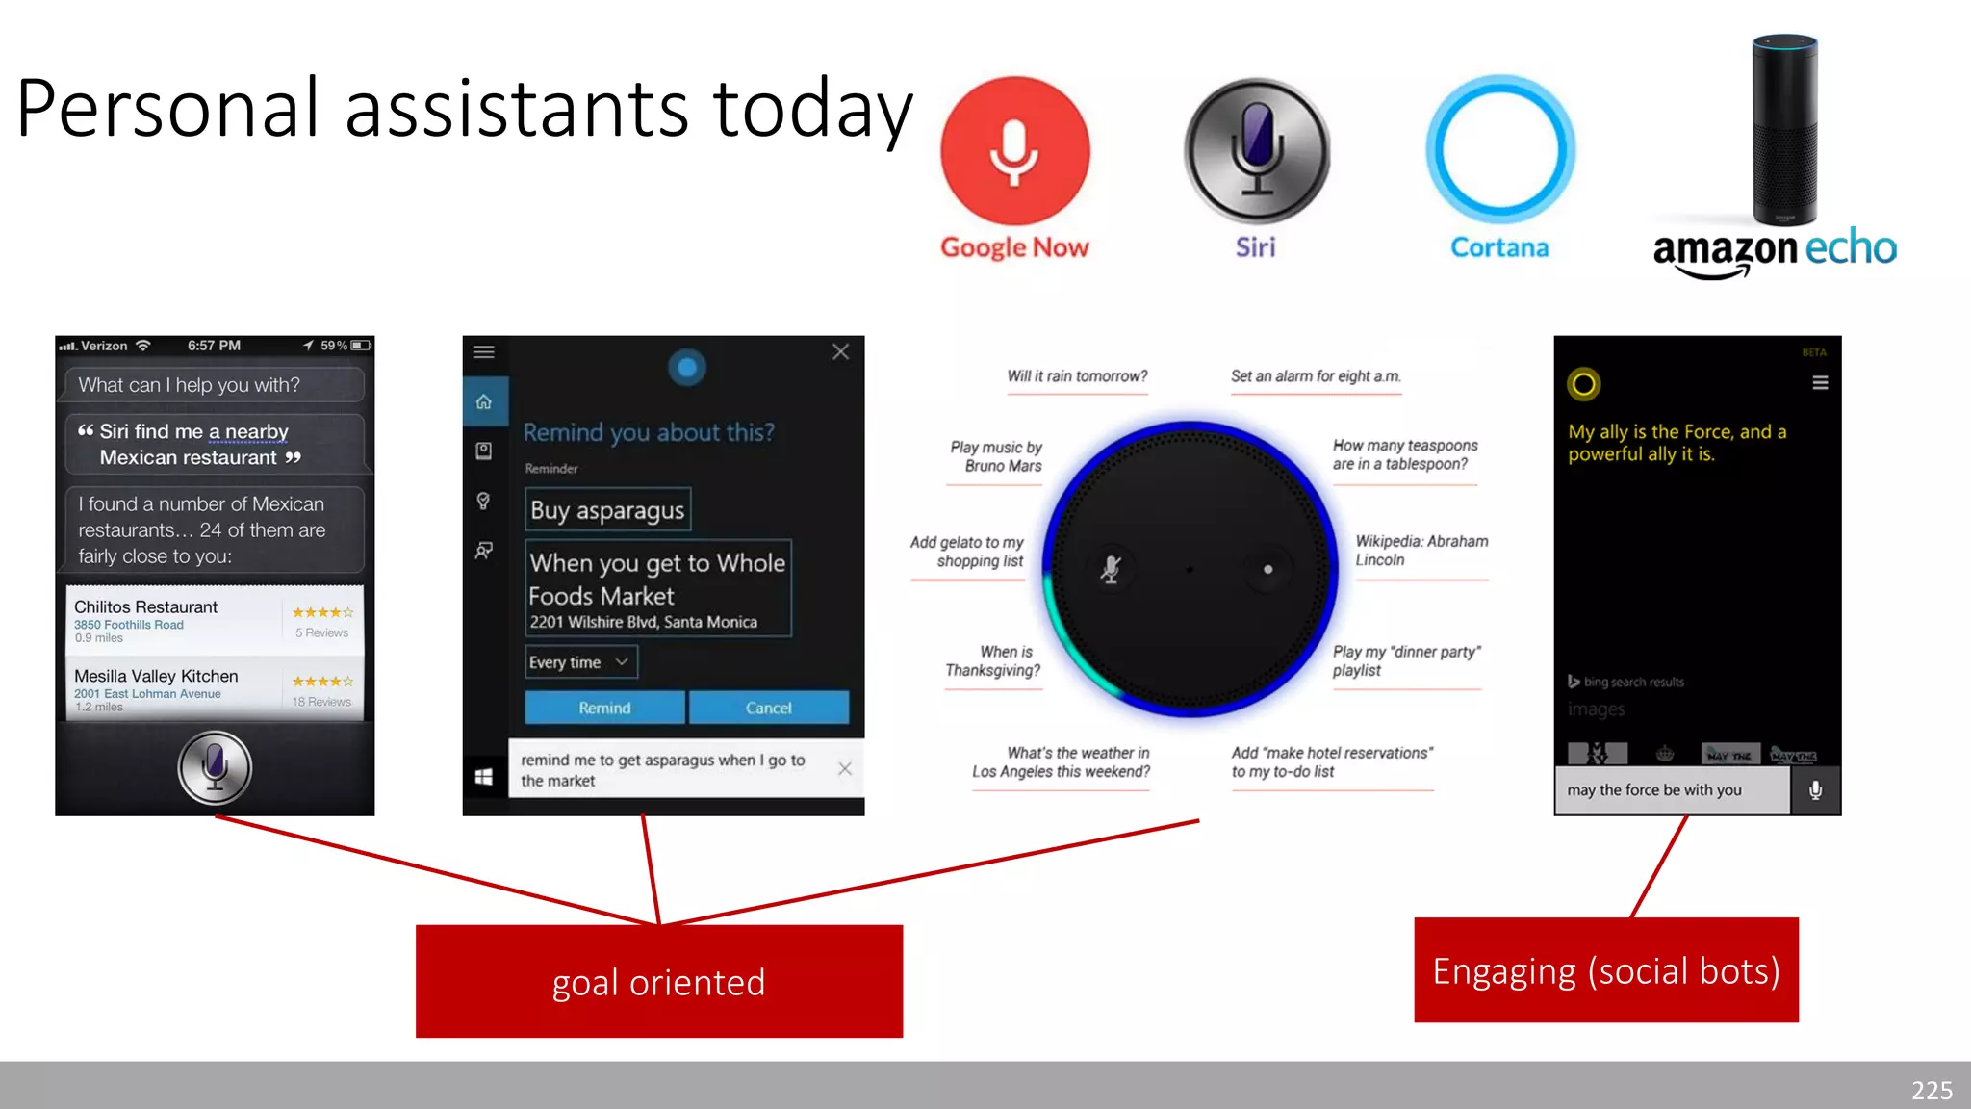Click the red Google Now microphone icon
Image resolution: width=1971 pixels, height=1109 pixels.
(x=1014, y=151)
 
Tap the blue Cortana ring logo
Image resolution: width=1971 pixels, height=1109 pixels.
(x=1499, y=150)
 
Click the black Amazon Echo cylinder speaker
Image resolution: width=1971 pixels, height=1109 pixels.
(x=1784, y=130)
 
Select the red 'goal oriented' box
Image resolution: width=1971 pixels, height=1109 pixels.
(x=659, y=981)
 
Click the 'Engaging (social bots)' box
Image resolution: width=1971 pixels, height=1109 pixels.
(x=1605, y=970)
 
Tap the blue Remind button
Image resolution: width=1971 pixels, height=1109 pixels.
(x=604, y=708)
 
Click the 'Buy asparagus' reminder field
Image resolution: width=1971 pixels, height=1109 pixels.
(x=607, y=510)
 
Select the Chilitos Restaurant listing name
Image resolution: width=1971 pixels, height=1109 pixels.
(x=146, y=606)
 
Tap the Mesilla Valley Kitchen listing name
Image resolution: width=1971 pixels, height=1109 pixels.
(x=156, y=676)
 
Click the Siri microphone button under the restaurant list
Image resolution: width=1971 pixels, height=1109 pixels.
(x=215, y=767)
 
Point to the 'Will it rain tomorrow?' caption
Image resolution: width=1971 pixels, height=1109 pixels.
(x=1077, y=376)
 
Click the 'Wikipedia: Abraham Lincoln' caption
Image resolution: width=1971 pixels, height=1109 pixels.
(x=1421, y=551)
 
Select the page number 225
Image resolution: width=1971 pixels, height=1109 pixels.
(x=1932, y=1090)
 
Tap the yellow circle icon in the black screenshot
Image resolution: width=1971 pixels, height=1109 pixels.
(x=1583, y=384)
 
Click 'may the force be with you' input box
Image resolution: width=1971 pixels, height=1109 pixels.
(x=1672, y=790)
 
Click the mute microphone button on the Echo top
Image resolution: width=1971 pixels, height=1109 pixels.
(x=1111, y=569)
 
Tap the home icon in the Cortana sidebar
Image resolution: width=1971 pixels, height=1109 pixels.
(x=484, y=401)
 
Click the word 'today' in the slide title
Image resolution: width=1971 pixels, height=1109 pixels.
(x=811, y=108)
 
